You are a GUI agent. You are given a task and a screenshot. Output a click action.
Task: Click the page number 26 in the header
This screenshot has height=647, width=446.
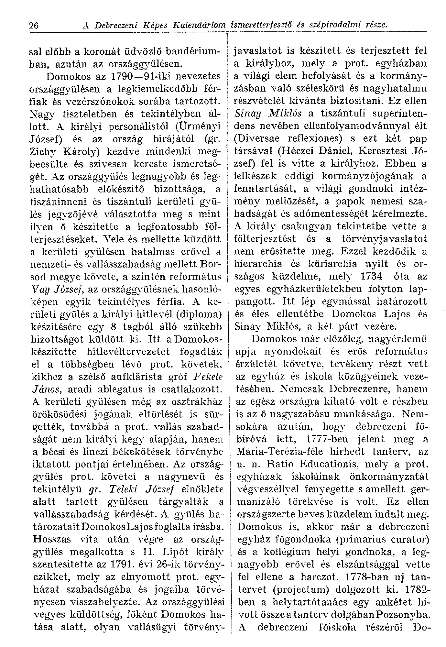(x=34, y=25)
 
